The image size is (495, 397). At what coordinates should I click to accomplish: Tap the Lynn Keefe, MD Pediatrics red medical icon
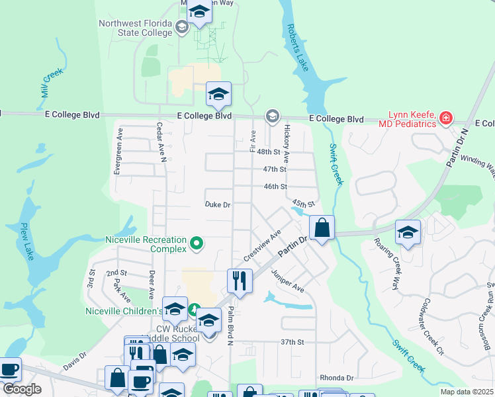[x=446, y=118]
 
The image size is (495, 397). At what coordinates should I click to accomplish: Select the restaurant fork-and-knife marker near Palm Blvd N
[x=239, y=281]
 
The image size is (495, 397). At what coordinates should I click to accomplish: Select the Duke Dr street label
[x=218, y=205]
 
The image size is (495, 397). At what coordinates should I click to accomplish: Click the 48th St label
[x=269, y=152]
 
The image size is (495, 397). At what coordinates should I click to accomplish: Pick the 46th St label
[x=275, y=187]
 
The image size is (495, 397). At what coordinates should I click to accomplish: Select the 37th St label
[x=291, y=342]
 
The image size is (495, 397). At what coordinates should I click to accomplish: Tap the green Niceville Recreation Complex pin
[x=196, y=244]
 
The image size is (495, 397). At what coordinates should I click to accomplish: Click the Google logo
[x=22, y=389]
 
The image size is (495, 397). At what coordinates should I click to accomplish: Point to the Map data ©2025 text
[x=466, y=392]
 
